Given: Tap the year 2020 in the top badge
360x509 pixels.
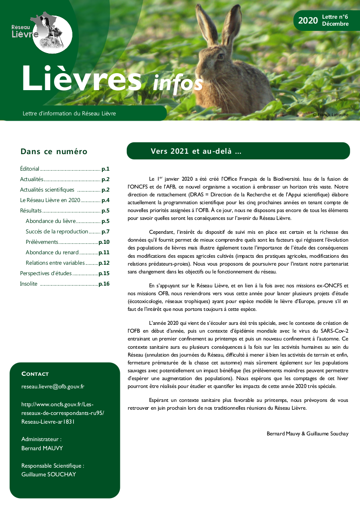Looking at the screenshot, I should [308, 20].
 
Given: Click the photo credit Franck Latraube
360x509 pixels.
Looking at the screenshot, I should [330, 115].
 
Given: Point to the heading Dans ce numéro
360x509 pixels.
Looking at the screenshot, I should [54, 152].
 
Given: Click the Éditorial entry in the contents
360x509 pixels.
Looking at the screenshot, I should [30, 169].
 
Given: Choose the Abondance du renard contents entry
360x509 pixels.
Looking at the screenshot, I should [52, 252].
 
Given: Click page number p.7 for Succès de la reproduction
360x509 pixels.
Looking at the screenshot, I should [105, 231].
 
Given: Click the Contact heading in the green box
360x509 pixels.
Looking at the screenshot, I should [35, 374].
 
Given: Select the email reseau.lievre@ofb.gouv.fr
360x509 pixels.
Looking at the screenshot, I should [53, 386].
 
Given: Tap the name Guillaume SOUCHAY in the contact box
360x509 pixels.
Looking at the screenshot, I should [48, 474].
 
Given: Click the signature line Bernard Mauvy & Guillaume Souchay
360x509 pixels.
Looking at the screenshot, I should [307, 434].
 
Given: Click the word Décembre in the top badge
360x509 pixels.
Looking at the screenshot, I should [335, 24].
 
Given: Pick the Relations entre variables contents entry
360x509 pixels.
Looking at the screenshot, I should [55, 263].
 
